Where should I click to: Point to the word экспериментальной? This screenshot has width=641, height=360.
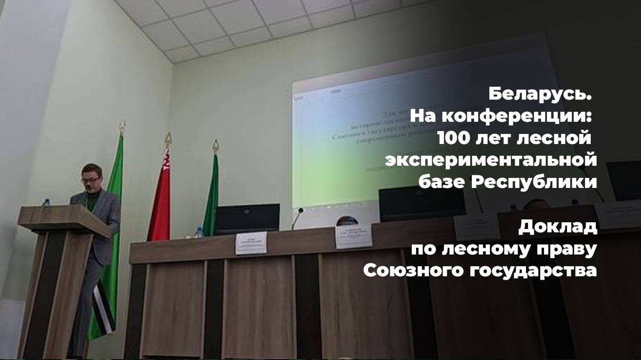491,160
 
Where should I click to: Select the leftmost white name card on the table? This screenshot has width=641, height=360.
251,243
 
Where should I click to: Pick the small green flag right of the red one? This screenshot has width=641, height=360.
211,197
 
